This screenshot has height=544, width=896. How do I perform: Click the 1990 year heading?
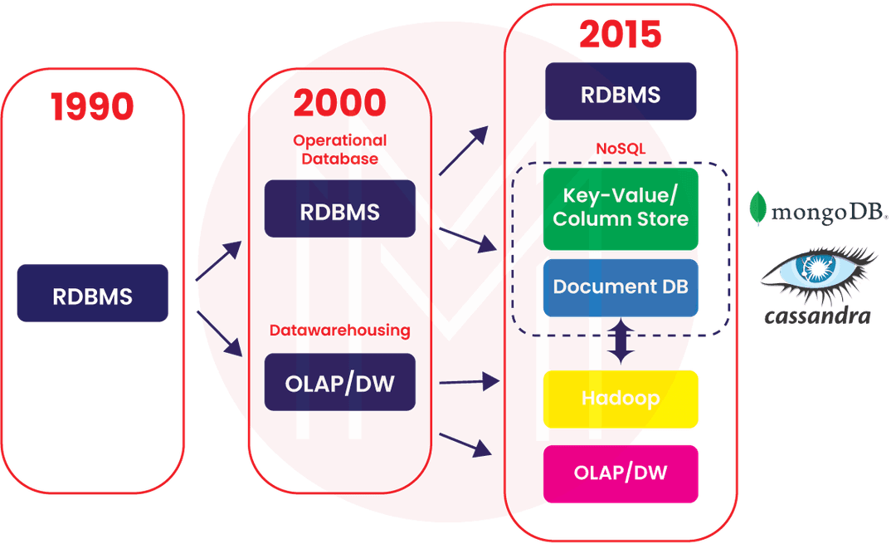click(92, 107)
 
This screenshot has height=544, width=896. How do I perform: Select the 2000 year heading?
click(338, 103)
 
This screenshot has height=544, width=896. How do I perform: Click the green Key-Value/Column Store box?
click(620, 208)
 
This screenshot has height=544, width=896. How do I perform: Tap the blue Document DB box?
click(620, 287)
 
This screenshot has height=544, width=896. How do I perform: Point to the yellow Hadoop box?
click(620, 399)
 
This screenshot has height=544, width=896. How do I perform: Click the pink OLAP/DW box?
click(620, 473)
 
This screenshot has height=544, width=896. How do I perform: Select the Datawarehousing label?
click(339, 331)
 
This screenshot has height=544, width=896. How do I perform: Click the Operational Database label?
click(339, 148)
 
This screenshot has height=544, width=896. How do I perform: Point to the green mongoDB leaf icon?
click(757, 208)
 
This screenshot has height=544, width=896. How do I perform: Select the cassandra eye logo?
click(817, 272)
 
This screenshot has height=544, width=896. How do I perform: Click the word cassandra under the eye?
click(817, 316)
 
